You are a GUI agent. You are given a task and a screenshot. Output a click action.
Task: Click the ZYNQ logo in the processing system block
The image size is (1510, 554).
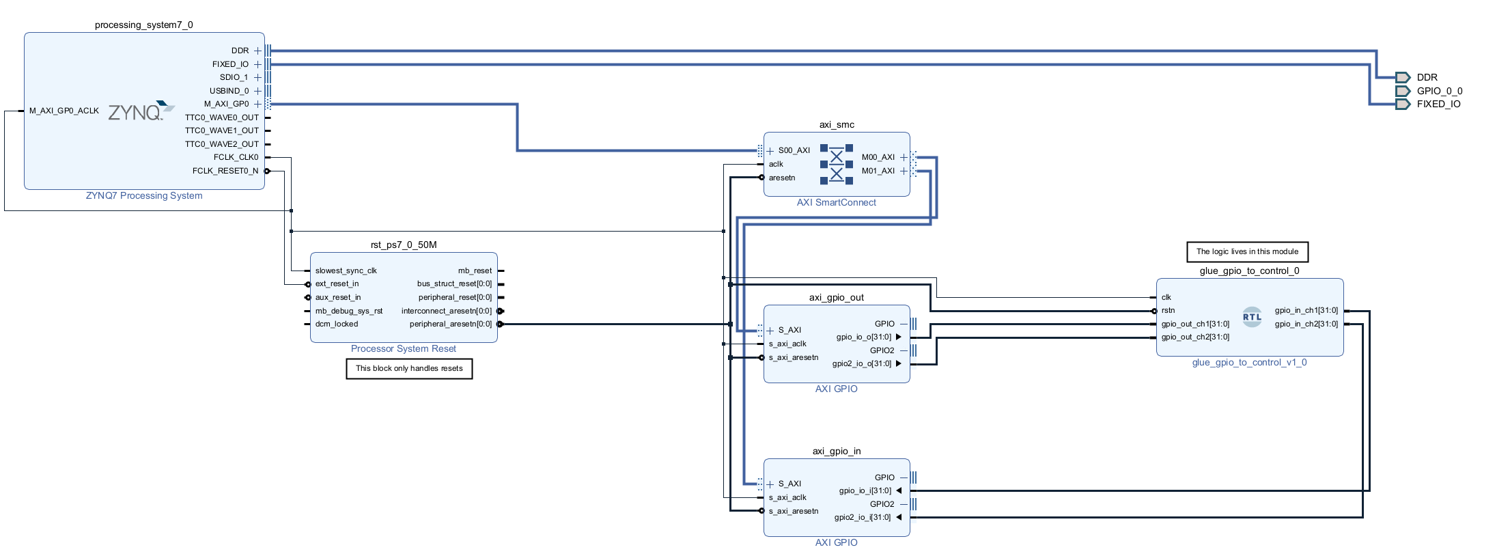pyautogui.click(x=141, y=111)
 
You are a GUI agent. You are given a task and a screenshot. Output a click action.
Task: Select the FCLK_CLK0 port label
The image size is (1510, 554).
pyautogui.click(x=236, y=157)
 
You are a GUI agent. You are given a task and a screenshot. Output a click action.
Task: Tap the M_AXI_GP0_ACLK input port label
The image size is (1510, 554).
pyautogui.click(x=64, y=111)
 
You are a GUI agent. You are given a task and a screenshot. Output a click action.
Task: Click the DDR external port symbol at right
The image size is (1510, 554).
pyautogui.click(x=1402, y=77)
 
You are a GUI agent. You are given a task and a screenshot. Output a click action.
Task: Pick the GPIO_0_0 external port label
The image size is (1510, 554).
pyautogui.click(x=1439, y=91)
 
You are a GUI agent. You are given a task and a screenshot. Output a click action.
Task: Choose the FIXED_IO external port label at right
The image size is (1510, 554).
pyautogui.click(x=1438, y=104)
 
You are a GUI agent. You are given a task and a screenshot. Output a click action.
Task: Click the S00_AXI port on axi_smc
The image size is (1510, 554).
pyautogui.click(x=794, y=150)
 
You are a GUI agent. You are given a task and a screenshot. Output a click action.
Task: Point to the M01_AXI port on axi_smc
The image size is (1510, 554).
pyautogui.click(x=878, y=171)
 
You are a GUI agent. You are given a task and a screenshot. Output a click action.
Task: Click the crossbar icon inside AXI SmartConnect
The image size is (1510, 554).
pyautogui.click(x=836, y=164)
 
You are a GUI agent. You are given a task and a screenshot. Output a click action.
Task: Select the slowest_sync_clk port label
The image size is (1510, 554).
pyautogui.click(x=346, y=271)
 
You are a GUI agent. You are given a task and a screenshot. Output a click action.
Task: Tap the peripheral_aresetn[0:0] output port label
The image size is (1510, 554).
pyautogui.click(x=450, y=324)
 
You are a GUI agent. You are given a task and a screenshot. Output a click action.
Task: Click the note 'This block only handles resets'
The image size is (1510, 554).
pyautogui.click(x=409, y=368)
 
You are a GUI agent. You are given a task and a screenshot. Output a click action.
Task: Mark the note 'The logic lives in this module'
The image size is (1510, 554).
pyautogui.click(x=1247, y=251)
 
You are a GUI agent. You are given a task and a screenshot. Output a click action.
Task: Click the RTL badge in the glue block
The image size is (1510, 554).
pyautogui.click(x=1252, y=317)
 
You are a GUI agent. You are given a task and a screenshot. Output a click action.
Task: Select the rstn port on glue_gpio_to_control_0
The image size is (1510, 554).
pyautogui.click(x=1168, y=310)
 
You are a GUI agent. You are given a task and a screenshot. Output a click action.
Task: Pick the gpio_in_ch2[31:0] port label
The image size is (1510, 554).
pyautogui.click(x=1306, y=324)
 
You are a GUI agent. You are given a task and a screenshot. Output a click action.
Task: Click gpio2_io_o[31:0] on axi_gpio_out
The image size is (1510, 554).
pyautogui.click(x=861, y=363)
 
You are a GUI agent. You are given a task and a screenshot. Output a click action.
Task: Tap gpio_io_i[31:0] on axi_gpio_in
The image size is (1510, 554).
pyautogui.click(x=865, y=490)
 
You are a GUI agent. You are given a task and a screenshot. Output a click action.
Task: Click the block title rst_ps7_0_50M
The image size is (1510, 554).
pyautogui.click(x=403, y=245)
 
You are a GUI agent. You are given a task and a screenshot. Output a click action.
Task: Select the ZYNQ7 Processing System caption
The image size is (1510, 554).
pyautogui.click(x=143, y=195)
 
